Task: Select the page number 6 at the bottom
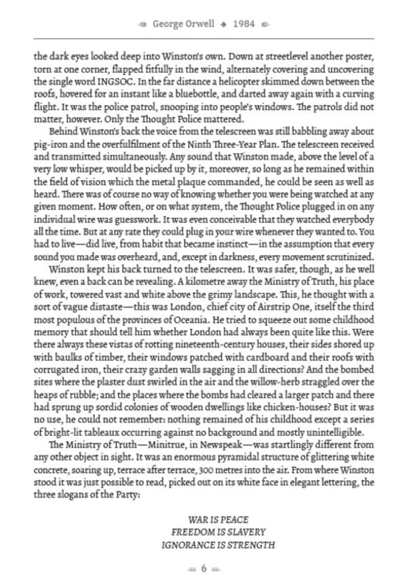coord(203,569)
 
